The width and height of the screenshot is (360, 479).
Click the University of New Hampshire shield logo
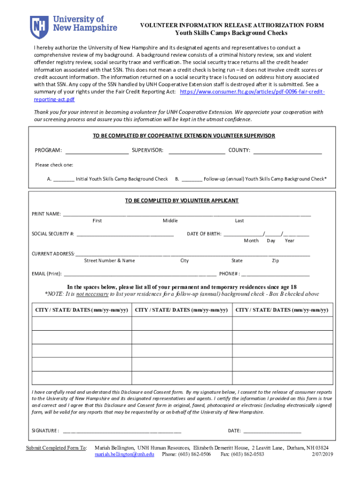[39, 27]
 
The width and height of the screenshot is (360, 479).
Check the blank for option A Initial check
[64, 180]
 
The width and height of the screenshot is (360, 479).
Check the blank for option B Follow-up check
[192, 180]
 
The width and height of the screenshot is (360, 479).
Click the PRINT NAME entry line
[187, 215]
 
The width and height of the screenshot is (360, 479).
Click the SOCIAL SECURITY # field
[125, 234]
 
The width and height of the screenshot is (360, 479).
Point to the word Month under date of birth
[251, 240]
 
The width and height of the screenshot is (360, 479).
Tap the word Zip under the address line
[275, 261]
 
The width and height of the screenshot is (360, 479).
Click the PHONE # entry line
[275, 275]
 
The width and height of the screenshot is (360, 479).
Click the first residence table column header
[81, 310]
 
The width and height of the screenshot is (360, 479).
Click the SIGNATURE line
[122, 431]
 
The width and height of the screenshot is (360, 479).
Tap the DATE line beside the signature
[272, 431]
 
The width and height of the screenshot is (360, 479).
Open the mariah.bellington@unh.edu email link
[124, 454]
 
